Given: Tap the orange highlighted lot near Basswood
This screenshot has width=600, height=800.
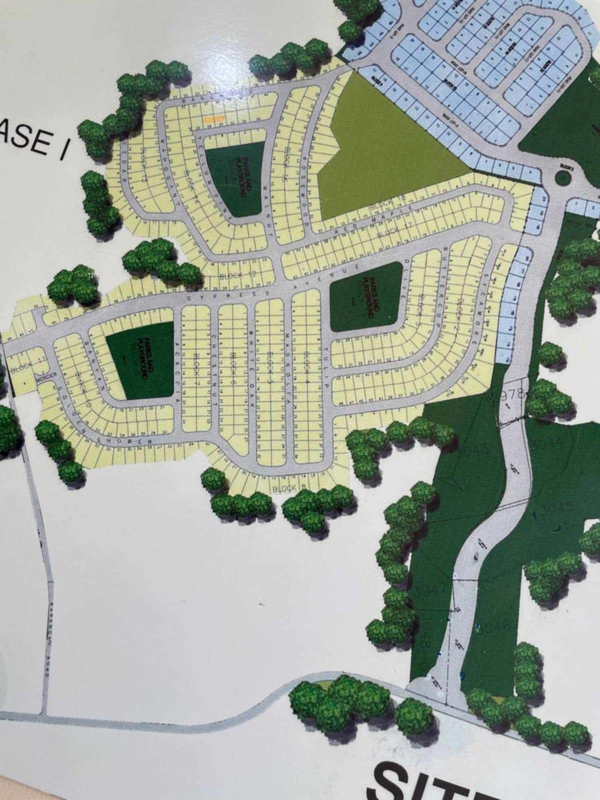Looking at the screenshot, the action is pyautogui.click(x=213, y=119).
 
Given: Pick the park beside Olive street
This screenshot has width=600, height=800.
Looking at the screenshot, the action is pyautogui.click(x=366, y=296).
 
